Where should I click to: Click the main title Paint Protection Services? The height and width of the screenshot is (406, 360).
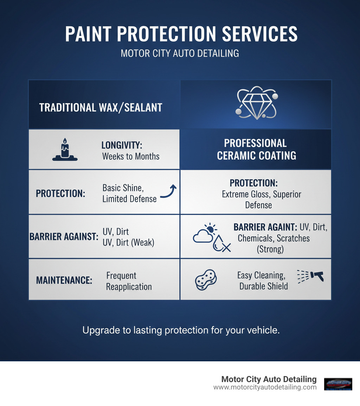point(181,34)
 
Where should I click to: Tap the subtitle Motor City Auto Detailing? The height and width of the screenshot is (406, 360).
point(180,53)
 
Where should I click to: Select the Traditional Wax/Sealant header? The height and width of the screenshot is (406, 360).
point(101,108)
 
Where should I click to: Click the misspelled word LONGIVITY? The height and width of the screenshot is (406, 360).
point(122,145)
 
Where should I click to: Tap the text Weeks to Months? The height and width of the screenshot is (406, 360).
point(131,157)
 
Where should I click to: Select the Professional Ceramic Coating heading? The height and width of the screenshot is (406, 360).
point(256,149)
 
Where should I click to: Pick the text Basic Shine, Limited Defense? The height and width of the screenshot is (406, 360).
point(129,193)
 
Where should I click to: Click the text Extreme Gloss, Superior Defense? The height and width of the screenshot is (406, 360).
point(261,199)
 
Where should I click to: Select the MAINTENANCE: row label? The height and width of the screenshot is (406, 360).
point(64,280)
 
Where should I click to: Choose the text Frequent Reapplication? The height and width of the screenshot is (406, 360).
point(129,281)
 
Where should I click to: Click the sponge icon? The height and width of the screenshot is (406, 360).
point(206,279)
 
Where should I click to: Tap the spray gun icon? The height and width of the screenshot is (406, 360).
point(311,276)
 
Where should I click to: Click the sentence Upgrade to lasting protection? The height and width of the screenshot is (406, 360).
point(181,330)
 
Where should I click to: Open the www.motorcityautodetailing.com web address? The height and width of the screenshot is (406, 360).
point(265,387)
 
